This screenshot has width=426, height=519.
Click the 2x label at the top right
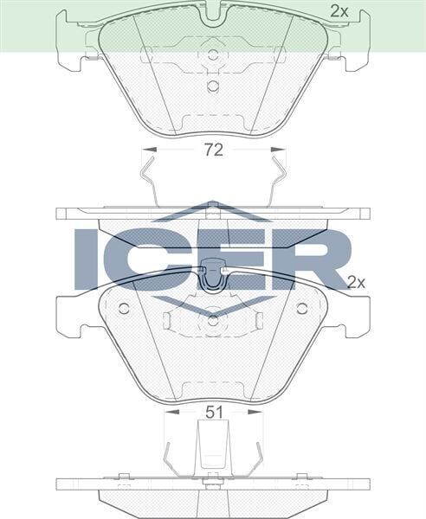(x=339, y=11)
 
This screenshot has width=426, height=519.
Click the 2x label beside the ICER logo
(x=356, y=282)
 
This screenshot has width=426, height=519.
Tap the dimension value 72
(x=214, y=150)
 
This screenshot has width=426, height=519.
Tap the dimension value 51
(x=215, y=413)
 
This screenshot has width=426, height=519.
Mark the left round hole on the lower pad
(x=123, y=309)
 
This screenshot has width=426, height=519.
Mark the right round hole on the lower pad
(x=302, y=309)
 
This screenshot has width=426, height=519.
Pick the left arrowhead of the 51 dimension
(x=168, y=413)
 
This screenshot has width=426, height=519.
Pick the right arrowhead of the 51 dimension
(x=259, y=413)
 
